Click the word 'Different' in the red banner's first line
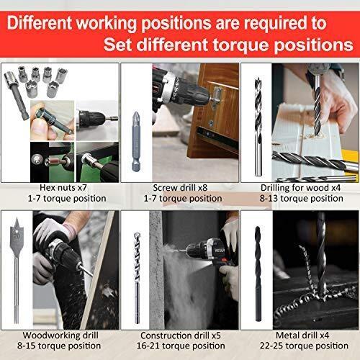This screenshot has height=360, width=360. [x=40, y=23]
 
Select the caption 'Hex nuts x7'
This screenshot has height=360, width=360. [x=63, y=188]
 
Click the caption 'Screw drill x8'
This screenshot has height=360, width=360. [x=180, y=188]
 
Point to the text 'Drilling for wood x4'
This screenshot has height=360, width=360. [x=300, y=188]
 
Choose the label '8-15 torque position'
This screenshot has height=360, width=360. [x=59, y=346]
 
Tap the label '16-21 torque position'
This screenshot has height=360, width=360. [x=181, y=346]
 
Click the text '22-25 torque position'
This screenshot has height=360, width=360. [x=304, y=346]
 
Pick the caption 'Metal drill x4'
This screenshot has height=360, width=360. [x=302, y=335]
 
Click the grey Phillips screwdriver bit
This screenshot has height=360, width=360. [x=136, y=142]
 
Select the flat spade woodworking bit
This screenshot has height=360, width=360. [x=17, y=270]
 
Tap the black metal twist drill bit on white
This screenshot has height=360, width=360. [x=258, y=274]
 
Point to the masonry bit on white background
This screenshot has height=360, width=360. [x=137, y=277]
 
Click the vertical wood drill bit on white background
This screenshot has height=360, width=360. [x=258, y=127]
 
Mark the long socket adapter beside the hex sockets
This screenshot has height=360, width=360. [x=17, y=94]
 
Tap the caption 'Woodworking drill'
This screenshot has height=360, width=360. [x=60, y=335]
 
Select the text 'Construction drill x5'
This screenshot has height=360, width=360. [x=181, y=335]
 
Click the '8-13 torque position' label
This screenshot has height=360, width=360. [x=301, y=199]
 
